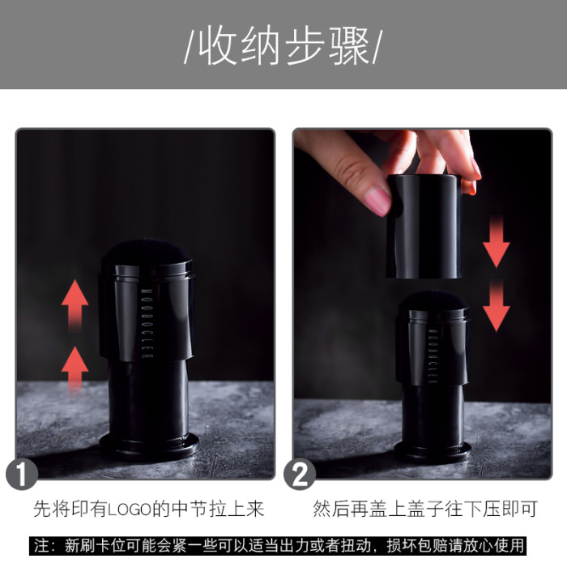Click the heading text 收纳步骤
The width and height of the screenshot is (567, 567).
click(283, 47)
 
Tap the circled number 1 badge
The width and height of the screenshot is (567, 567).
click(22, 474)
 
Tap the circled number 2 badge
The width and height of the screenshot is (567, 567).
click(300, 474)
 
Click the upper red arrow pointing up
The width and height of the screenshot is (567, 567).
click(75, 305)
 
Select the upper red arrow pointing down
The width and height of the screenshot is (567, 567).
click(497, 241)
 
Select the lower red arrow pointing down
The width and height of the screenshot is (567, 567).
click(497, 305)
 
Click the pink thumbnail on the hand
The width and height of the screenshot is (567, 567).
click(378, 201)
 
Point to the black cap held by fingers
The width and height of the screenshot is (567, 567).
click(424, 227)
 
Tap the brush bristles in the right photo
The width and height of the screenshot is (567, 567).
click(433, 301)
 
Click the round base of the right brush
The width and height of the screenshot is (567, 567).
click(433, 450)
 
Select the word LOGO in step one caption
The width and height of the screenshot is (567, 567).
click(130, 509)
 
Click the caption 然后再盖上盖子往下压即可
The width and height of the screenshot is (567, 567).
click(425, 509)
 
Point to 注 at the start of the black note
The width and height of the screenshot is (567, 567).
click(41, 546)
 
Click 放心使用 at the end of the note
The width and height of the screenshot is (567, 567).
click(494, 546)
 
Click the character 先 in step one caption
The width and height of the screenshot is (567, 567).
click(43, 509)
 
